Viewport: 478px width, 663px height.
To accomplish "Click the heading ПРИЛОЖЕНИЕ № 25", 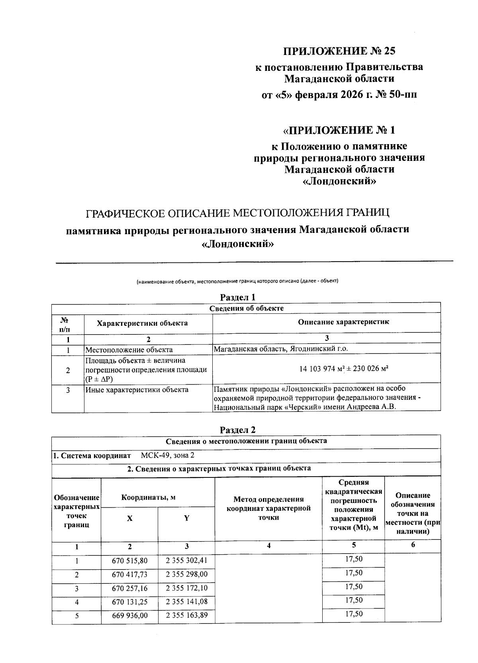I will (x=340, y=51).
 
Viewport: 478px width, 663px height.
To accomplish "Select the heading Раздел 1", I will (x=238, y=297).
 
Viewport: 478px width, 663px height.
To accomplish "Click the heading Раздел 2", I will (x=238, y=430).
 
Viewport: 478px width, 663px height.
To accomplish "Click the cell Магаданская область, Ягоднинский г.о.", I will (x=281, y=349).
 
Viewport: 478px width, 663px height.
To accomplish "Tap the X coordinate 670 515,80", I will (x=130, y=561).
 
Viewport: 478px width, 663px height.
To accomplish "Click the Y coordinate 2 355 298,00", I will (x=186, y=574).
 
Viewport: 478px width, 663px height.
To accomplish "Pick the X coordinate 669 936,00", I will (x=130, y=615).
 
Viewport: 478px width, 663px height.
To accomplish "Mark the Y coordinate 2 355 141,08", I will (x=186, y=601).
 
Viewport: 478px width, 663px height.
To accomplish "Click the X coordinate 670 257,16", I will (x=130, y=588).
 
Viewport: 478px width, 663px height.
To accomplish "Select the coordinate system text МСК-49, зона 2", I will (x=168, y=455).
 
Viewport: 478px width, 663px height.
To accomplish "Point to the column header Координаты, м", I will (x=149, y=497).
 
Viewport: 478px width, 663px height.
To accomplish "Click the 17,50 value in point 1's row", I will (x=353, y=559).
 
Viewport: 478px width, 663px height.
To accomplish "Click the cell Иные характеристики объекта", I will (x=137, y=389).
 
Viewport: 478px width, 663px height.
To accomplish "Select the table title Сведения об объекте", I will (x=246, y=308).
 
